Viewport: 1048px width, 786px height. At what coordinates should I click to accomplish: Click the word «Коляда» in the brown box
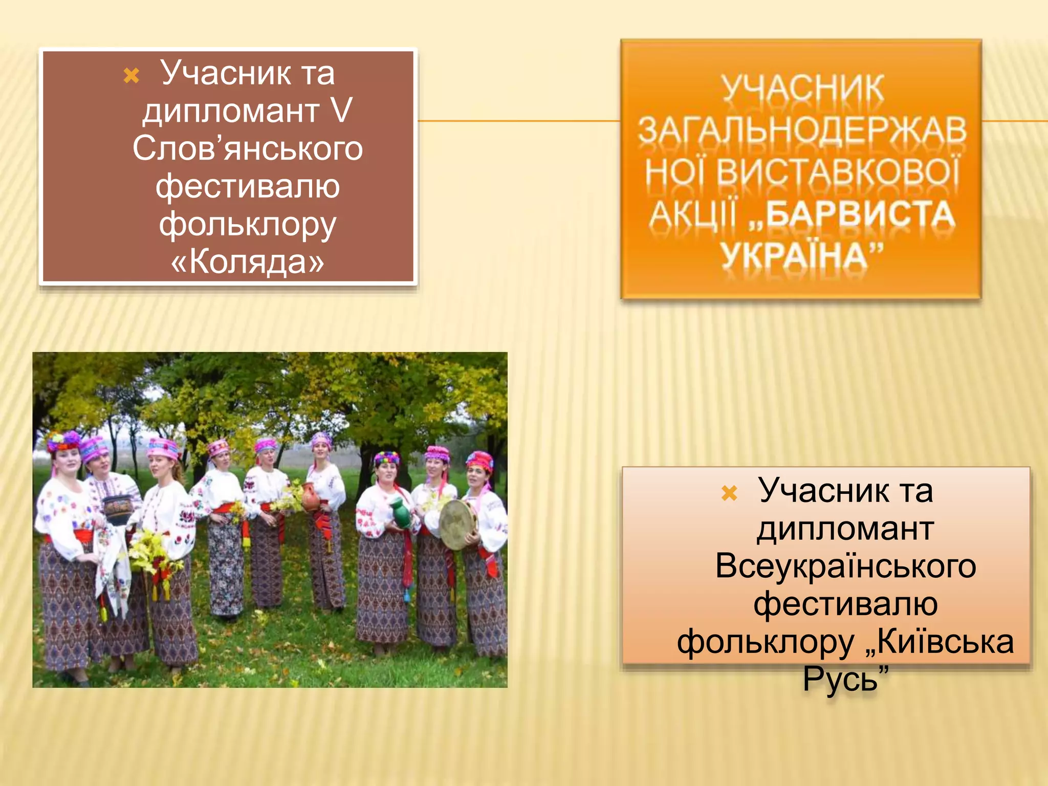247,261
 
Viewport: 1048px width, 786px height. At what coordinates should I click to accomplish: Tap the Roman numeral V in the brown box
341,111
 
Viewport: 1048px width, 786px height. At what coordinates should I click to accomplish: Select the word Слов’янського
248,148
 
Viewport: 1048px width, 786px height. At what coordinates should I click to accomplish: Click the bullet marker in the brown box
132,76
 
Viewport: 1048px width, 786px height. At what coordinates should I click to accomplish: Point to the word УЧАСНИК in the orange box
802,89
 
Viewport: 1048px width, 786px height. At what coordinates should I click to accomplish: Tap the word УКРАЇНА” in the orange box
802,255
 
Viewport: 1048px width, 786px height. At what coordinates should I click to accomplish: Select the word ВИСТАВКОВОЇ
838,172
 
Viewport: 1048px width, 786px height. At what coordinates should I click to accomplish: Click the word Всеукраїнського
845,566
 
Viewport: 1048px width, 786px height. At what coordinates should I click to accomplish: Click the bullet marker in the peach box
729,493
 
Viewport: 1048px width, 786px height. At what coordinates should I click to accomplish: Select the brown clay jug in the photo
311,496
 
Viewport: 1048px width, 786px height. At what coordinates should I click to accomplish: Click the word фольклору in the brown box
248,224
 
